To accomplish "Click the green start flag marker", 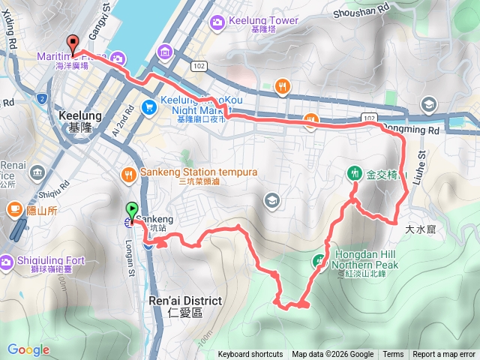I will pyautogui.click(x=133, y=211).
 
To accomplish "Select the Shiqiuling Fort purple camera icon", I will pyautogui.click(x=7, y=261).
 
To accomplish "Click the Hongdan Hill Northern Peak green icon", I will pyautogui.click(x=320, y=260).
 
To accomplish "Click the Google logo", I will pyautogui.click(x=28, y=349).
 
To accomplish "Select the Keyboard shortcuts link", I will pyautogui.click(x=250, y=355).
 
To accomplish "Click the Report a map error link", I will pyautogui.click(x=443, y=355).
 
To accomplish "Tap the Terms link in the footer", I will pyautogui.click(x=393, y=355).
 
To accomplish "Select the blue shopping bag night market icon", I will pyautogui.click(x=147, y=106).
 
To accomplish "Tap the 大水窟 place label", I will pyautogui.click(x=420, y=229).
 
